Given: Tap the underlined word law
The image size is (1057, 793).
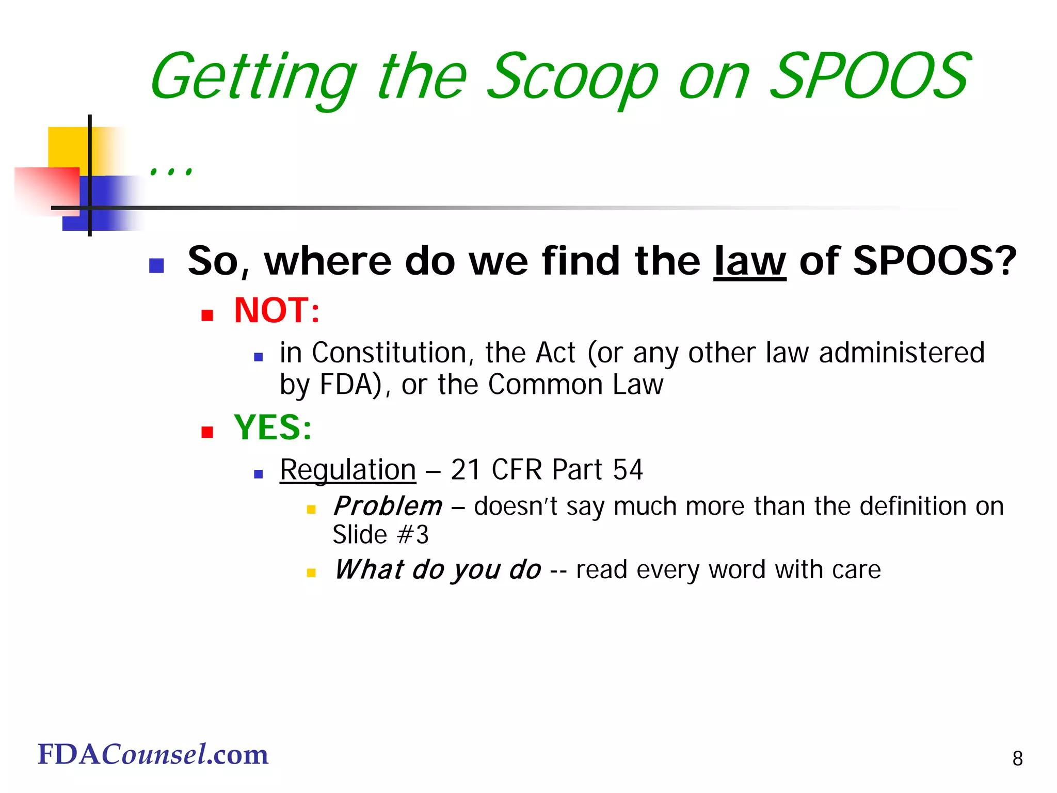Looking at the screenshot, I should click(x=749, y=262).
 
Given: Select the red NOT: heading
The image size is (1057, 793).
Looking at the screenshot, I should click(x=277, y=311).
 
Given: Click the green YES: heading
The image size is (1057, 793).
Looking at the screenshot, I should click(x=273, y=427).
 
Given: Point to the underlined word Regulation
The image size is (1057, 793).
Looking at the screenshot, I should click(x=347, y=470).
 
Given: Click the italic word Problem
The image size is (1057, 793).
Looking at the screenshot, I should click(x=388, y=506).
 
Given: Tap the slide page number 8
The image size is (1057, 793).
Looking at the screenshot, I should click(x=1017, y=758).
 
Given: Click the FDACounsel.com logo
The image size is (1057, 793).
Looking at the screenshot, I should click(x=153, y=754).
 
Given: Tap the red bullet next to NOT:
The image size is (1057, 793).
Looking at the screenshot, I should click(x=207, y=315).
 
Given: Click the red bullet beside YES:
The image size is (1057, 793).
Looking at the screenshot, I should click(x=207, y=432).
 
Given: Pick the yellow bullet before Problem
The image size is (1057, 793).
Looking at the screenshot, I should click(x=311, y=510).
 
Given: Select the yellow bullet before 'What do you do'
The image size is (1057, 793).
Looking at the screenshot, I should click(x=311, y=573).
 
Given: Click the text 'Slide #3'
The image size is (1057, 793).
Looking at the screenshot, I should click(x=380, y=535).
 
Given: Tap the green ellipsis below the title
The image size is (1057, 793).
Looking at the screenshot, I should click(x=171, y=170).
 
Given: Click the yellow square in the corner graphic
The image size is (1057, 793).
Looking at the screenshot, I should click(x=68, y=147).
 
